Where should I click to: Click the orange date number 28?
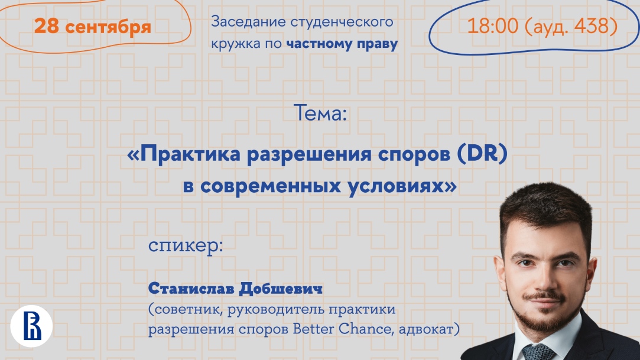click(x=47, y=26)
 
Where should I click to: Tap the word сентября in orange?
click(x=108, y=28)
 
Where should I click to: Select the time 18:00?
click(x=493, y=26)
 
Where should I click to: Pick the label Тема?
click(x=320, y=113)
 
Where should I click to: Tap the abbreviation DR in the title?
click(x=482, y=154)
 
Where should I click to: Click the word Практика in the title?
click(x=190, y=154)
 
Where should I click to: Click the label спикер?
click(x=186, y=246)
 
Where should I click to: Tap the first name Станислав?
click(x=191, y=288)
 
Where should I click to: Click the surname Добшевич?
click(x=281, y=288)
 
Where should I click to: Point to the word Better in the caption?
click(x=313, y=329)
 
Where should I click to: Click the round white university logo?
click(x=31, y=326)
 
